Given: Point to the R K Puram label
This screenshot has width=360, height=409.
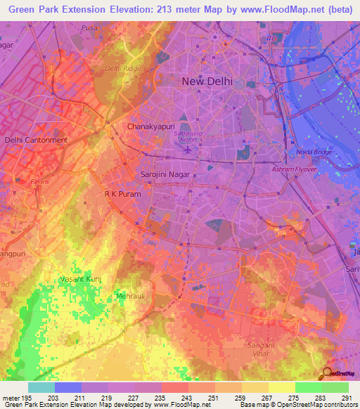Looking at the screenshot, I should [122, 193].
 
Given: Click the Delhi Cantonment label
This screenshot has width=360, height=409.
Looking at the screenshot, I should [36, 140].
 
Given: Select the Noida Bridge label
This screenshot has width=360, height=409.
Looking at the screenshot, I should [306, 152].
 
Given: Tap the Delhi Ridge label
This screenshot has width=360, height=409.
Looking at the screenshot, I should [123, 68].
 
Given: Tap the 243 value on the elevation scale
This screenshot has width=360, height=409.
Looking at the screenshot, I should [188, 398].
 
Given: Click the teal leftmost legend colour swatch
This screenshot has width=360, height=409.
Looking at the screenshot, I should [41, 387].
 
